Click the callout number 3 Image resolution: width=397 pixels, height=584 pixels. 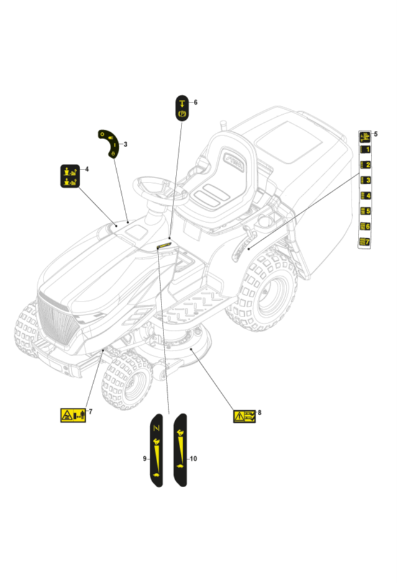tap(125, 145)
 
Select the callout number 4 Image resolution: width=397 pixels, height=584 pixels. tap(86, 169)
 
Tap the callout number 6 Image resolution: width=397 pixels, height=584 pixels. tap(195, 102)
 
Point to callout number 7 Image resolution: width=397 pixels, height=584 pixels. tap(90, 411)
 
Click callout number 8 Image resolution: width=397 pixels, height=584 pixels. tap(259, 411)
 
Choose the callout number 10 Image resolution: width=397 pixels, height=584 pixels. tap(193, 459)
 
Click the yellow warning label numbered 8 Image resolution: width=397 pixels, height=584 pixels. tap(244, 416)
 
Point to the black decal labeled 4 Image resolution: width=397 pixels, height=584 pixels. tap(70, 176)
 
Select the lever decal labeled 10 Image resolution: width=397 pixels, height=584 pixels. tap(180, 449)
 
